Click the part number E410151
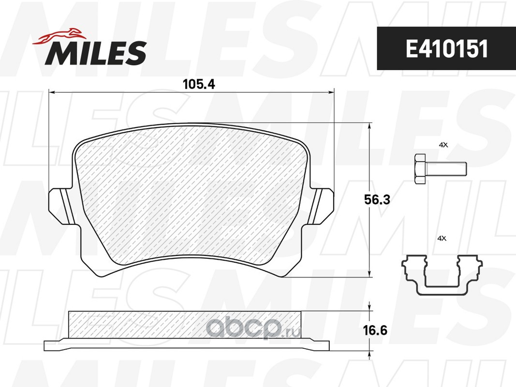pos(446,49)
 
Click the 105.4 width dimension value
pos(199,84)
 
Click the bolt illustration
pos(441,169)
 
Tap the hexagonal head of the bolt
pos(419,169)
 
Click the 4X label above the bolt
pos(443,145)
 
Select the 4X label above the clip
pos(442,238)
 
